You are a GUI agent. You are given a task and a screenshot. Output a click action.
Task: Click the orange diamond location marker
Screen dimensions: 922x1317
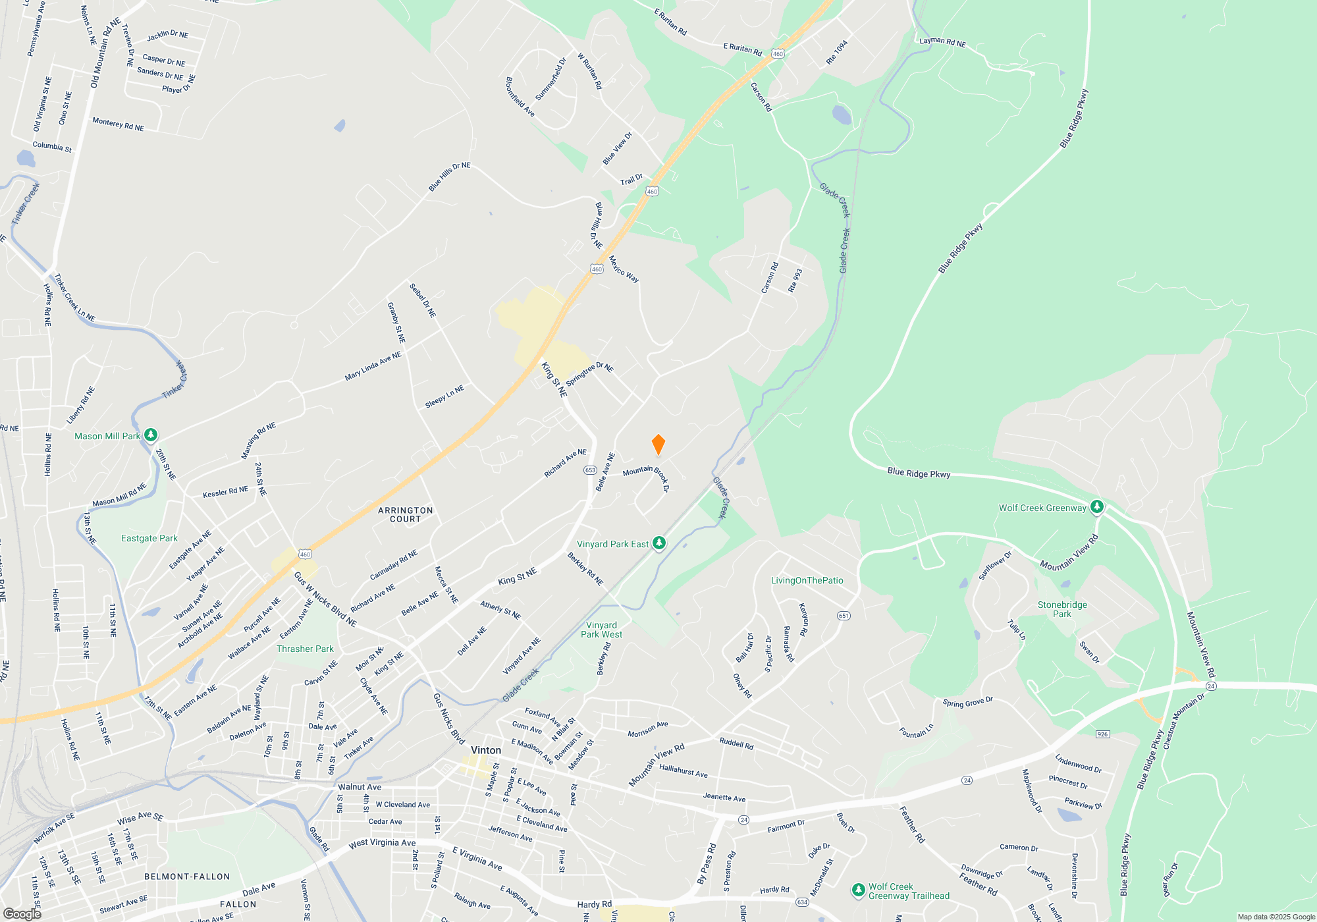pyautogui.click(x=658, y=445)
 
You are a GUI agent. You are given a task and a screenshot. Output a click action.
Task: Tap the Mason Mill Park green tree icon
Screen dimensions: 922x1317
pyautogui.click(x=151, y=435)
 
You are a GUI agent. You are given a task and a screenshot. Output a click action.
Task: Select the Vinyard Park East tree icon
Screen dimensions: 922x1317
pyautogui.click(x=659, y=543)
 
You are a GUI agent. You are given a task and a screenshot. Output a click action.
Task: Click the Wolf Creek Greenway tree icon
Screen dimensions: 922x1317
pyautogui.click(x=1096, y=507)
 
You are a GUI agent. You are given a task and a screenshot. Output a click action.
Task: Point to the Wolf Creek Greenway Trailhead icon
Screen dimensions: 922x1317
pyautogui.click(x=858, y=890)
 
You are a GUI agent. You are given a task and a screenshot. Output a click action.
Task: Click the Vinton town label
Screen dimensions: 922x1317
pyautogui.click(x=486, y=750)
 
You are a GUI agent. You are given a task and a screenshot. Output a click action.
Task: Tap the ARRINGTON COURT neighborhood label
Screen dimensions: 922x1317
pyautogui.click(x=406, y=514)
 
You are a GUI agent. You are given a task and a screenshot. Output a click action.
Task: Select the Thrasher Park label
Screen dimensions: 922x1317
pyautogui.click(x=305, y=649)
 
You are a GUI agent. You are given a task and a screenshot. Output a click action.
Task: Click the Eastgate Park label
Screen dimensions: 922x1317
pyautogui.click(x=149, y=538)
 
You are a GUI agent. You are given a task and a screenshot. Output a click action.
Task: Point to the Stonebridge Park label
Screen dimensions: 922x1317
pyautogui.click(x=1062, y=609)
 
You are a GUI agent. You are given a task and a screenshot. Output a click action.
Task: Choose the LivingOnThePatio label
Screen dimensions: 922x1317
pyautogui.click(x=807, y=580)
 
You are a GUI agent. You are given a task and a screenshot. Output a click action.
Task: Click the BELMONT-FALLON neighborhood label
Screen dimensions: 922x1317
pyautogui.click(x=187, y=877)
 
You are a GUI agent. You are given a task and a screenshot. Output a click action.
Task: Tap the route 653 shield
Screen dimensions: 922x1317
pyautogui.click(x=590, y=470)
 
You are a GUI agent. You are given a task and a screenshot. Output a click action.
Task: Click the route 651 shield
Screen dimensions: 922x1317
pyautogui.click(x=844, y=616)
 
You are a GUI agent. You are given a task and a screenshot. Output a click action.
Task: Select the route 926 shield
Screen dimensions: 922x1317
pyautogui.click(x=1102, y=734)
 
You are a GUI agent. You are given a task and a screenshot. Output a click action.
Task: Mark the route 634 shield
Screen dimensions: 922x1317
pyautogui.click(x=801, y=902)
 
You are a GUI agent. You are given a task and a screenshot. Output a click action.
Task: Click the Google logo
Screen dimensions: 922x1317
pyautogui.click(x=22, y=913)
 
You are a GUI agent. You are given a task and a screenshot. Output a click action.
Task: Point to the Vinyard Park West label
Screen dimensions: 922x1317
pyautogui.click(x=601, y=630)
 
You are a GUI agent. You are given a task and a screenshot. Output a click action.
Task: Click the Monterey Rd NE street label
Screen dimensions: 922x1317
pyautogui.click(x=118, y=124)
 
